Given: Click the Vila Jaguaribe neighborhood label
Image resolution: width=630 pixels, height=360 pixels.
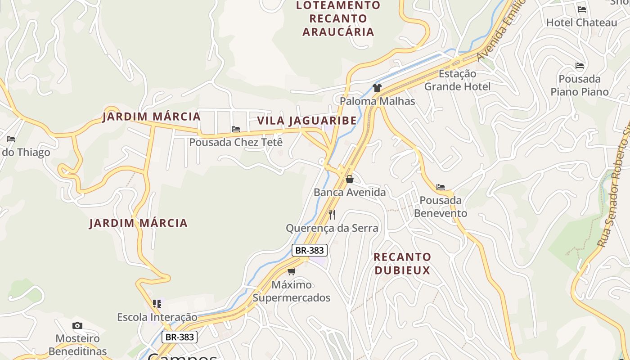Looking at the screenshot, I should click(x=307, y=121).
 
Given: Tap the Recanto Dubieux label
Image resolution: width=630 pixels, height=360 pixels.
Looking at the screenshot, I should click(x=402, y=263).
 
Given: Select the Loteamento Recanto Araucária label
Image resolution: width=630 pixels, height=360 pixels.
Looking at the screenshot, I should click(x=338, y=18).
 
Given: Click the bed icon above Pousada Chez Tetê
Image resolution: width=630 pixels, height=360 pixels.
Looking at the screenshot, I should click(x=236, y=129).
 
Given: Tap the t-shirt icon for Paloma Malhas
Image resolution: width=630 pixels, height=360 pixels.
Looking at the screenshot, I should click(x=377, y=88).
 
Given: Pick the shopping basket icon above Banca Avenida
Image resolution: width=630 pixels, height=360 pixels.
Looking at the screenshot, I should click(x=350, y=179).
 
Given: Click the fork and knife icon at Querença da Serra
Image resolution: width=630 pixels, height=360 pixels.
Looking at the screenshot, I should click(x=332, y=214).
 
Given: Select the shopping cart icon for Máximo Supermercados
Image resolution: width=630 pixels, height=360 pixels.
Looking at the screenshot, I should click(x=291, y=271).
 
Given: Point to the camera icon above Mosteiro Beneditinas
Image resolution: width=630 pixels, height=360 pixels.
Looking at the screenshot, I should click(x=77, y=325).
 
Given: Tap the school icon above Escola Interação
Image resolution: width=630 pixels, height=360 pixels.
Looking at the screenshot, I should click(x=157, y=304).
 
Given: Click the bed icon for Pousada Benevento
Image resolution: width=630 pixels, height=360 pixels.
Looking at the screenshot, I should click(x=441, y=187).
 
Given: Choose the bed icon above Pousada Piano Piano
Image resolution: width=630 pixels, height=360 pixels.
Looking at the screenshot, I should click(x=580, y=66).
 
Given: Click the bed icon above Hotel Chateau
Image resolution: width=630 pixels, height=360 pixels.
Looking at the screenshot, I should click(x=582, y=9).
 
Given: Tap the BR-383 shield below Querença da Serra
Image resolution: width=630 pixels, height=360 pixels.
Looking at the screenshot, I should click(x=310, y=250).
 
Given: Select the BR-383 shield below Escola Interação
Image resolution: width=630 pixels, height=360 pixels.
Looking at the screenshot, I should click(x=180, y=337).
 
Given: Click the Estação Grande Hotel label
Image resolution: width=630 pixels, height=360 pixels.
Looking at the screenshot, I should click(x=457, y=80).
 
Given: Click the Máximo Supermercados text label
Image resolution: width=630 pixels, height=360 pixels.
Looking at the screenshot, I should click(x=291, y=291).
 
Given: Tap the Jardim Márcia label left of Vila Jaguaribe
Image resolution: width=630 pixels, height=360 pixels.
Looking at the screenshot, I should click(x=151, y=117).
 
